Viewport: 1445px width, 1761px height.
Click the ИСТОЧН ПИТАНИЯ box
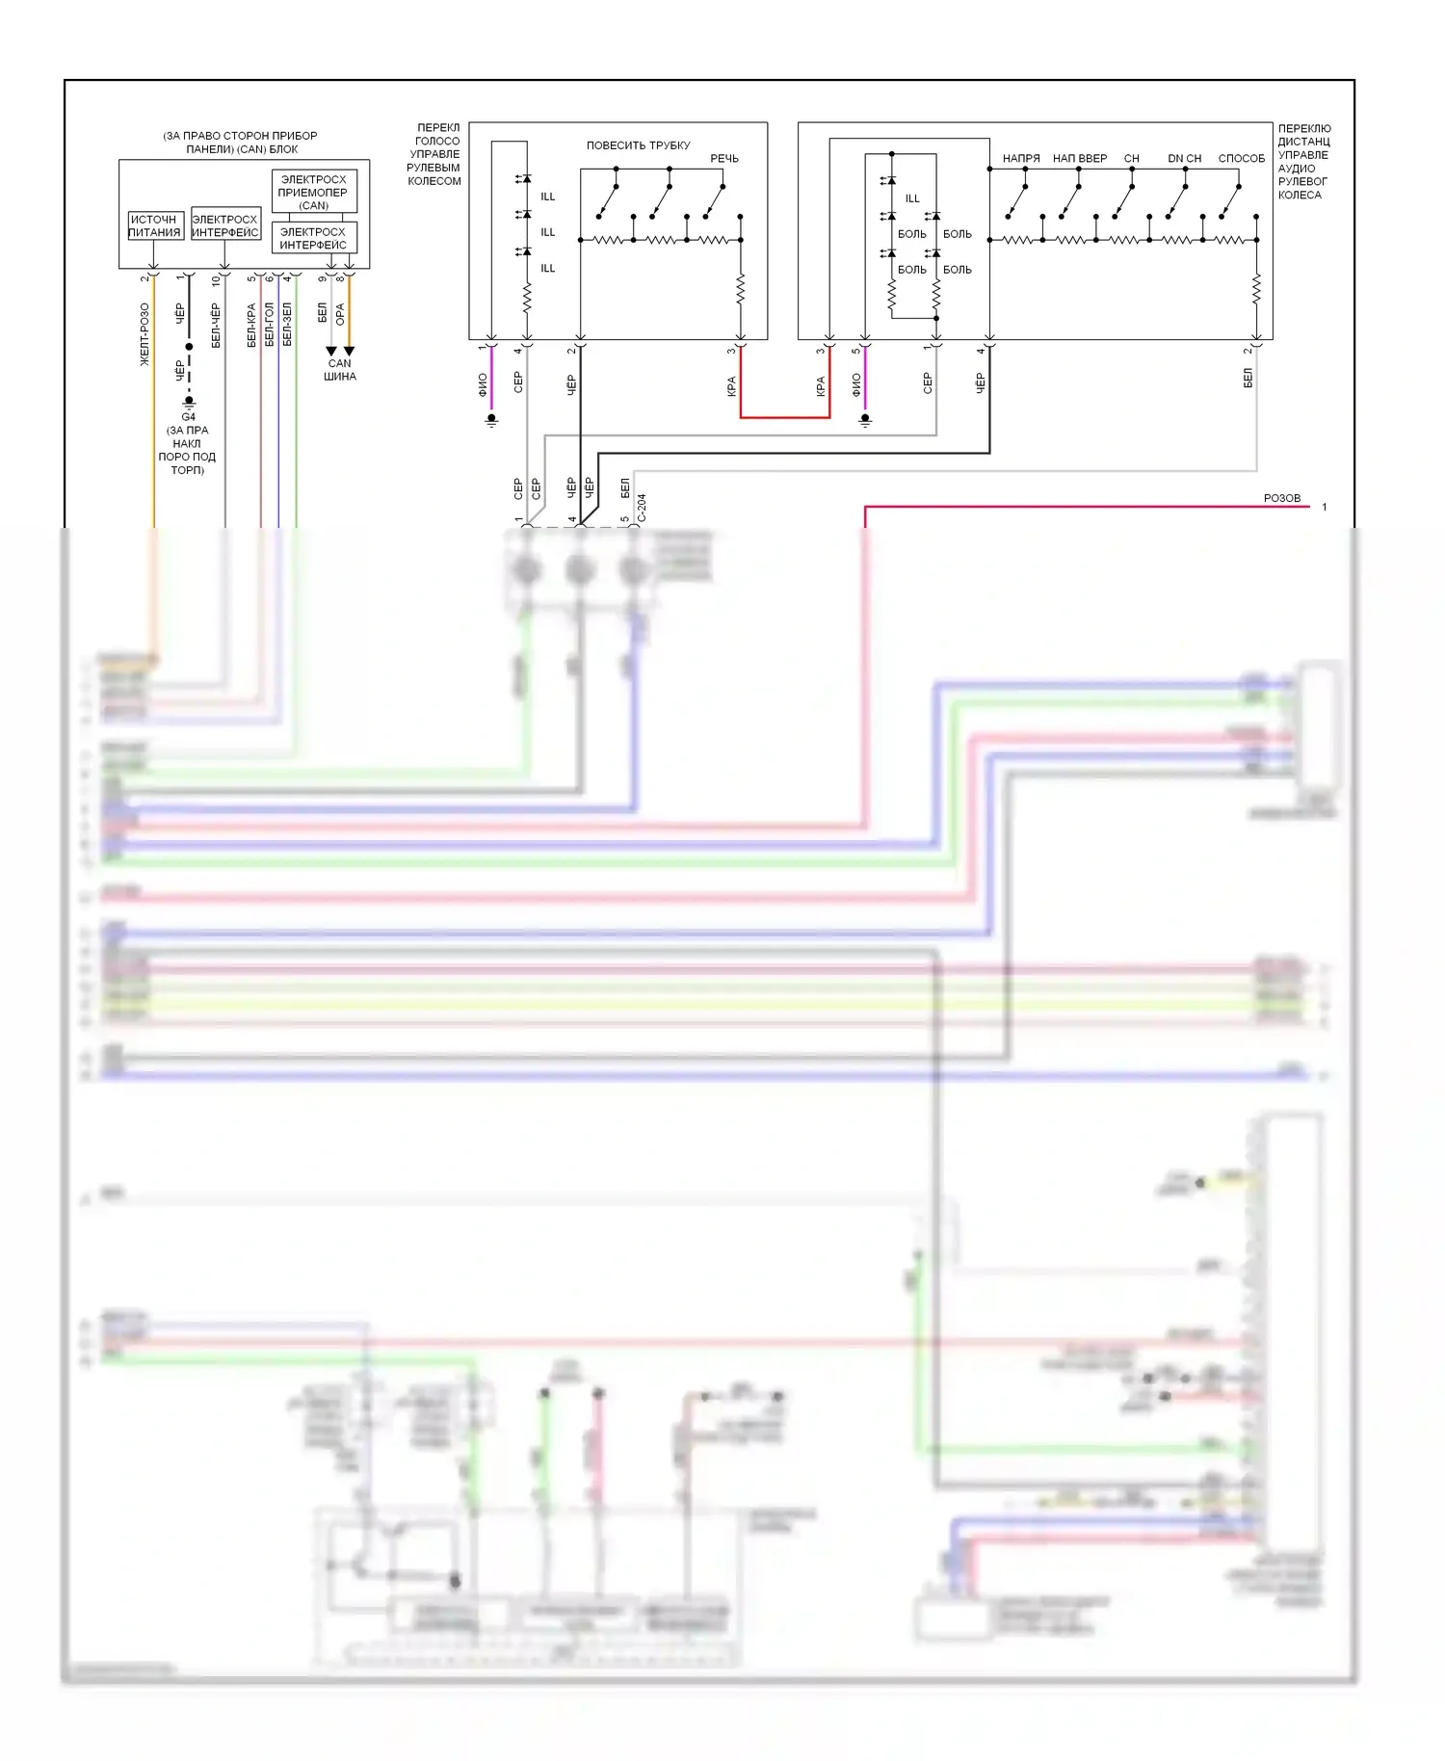point(155,226)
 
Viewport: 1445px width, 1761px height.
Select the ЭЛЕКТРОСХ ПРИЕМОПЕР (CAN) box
point(313,192)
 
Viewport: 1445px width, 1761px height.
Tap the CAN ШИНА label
point(340,370)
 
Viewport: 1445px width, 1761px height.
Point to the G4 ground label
point(188,417)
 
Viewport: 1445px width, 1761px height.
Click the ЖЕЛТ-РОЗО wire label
point(144,334)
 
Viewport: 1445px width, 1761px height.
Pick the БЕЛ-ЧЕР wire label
point(216,326)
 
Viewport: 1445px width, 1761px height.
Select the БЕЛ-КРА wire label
point(251,326)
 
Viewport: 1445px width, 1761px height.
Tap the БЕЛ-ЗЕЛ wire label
point(287,325)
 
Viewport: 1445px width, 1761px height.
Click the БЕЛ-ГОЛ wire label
point(270,326)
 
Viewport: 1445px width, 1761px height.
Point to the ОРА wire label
point(340,314)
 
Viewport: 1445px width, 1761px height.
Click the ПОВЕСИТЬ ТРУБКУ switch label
point(638,145)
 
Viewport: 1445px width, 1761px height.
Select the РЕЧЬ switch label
point(724,159)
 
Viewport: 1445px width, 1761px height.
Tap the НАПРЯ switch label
point(1021,159)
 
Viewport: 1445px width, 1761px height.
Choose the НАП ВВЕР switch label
point(1080,159)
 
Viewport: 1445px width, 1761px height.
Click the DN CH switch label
point(1184,159)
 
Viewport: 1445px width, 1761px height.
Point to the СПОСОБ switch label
point(1241,159)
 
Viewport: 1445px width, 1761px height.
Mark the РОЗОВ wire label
point(1281,498)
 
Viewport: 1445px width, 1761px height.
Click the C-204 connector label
point(643,508)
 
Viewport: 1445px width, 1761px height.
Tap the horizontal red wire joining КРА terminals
point(785,417)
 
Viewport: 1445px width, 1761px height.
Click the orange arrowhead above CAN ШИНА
point(350,352)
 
